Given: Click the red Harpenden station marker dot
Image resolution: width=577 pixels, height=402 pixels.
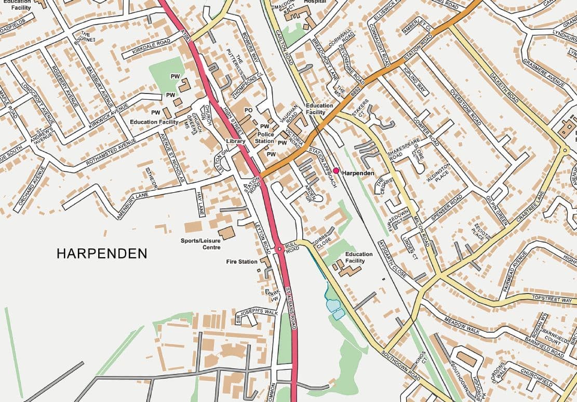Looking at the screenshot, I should [336, 170].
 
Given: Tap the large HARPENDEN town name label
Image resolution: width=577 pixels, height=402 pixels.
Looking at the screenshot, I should [102, 253].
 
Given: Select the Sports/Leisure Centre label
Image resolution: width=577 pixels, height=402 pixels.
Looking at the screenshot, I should [200, 244].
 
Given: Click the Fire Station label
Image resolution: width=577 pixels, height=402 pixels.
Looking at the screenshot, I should [242, 262].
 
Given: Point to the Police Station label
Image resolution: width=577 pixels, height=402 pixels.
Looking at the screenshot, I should [265, 138].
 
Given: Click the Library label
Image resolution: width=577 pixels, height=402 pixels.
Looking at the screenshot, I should [235, 141].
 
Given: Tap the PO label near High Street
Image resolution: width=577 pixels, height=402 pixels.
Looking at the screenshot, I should [248, 111].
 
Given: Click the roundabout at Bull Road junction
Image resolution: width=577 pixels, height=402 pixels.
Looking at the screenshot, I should [279, 249].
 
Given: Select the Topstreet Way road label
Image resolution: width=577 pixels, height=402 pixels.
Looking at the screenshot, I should [552, 300].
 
